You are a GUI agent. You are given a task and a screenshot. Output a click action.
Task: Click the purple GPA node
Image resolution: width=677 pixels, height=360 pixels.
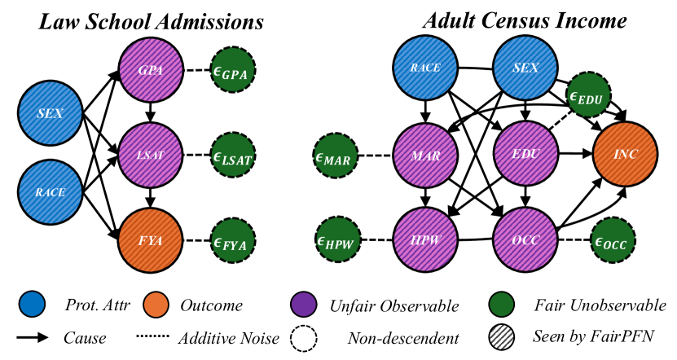tap(149, 71)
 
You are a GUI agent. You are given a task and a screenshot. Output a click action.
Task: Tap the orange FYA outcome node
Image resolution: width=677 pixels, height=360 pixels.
tap(149, 239)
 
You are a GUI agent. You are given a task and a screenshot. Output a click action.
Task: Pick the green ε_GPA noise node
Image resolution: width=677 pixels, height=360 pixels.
tap(234, 71)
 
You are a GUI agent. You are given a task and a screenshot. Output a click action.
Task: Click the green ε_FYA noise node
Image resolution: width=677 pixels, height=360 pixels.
tap(234, 239)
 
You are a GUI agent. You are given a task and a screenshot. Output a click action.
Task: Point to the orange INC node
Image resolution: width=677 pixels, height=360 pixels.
tap(625, 154)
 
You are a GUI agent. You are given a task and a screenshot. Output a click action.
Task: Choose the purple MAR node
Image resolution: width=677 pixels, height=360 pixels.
tap(424, 154)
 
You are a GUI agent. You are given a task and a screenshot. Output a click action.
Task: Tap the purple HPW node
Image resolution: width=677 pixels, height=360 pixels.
tap(424, 239)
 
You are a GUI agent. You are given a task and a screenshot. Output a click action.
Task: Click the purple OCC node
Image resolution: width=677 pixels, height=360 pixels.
tap(525, 239)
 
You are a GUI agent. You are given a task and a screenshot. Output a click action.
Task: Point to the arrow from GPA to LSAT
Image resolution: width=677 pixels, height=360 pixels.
tap(149, 112)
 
